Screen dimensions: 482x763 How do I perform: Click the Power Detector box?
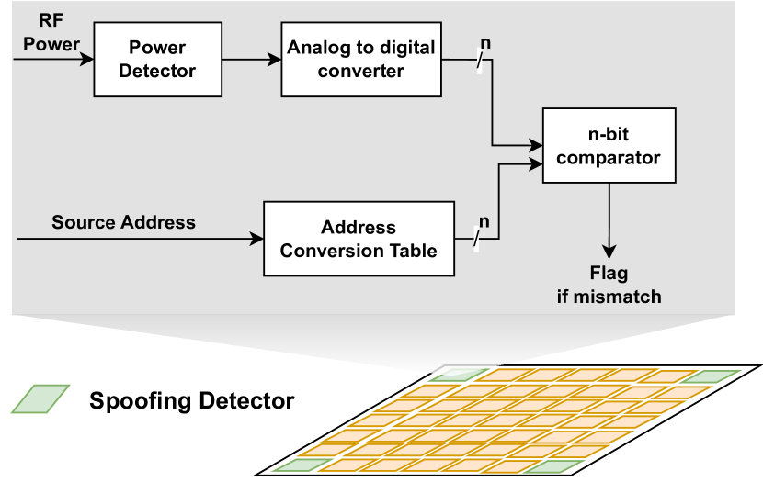point(157,59)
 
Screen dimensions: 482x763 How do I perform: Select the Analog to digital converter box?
point(361,59)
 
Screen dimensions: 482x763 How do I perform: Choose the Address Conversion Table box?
point(359,239)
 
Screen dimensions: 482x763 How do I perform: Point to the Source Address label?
point(123,222)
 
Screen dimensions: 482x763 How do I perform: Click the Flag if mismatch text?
point(609,285)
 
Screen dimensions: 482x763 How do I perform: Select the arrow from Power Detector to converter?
point(251,60)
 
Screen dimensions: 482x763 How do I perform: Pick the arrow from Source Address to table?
point(138,239)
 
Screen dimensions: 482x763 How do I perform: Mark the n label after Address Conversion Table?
point(484,221)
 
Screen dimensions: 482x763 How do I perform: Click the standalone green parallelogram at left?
point(40,398)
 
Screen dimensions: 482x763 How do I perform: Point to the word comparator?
point(609,158)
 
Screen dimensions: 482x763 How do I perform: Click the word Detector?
point(157,71)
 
